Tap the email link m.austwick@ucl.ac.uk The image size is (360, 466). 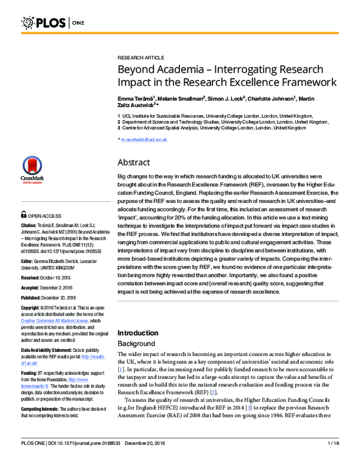tap(145, 139)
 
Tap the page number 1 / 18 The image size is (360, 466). tap(334, 459)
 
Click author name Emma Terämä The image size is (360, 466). tap(136, 98)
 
